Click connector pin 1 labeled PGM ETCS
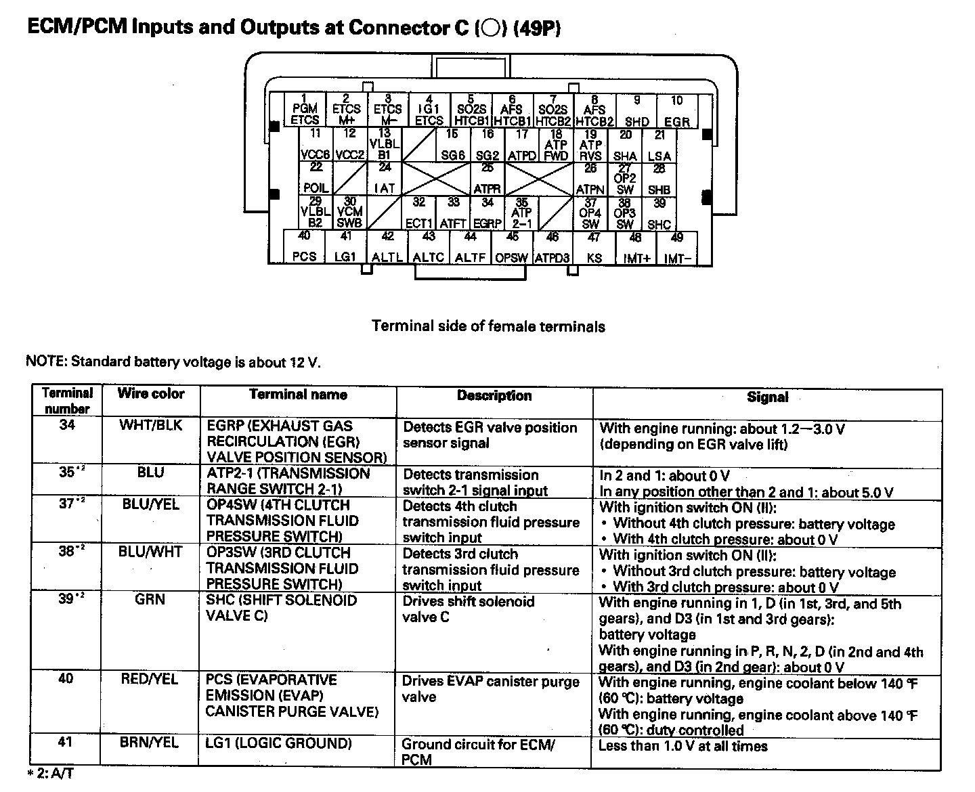(305, 110)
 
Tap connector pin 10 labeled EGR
(676, 111)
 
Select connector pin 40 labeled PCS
(304, 247)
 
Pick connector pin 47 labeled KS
(594, 248)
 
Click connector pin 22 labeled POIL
(316, 178)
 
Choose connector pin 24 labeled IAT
(385, 178)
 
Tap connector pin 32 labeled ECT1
(419, 213)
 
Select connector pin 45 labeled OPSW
(512, 248)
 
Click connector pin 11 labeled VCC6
(316, 144)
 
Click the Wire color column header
(150, 394)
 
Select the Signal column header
(767, 397)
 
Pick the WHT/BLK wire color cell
(150, 426)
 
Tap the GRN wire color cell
(150, 600)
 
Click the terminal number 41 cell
(66, 743)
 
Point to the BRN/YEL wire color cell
(150, 743)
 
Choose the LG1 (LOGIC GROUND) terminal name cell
(279, 743)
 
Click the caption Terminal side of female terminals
(488, 326)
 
